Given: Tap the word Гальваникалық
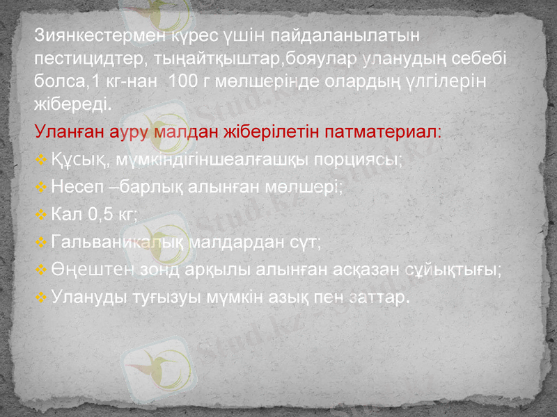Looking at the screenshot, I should tap(108, 243).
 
